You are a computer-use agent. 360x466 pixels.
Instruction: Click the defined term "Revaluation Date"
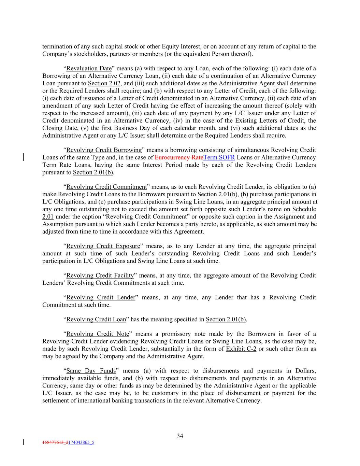point(89,68)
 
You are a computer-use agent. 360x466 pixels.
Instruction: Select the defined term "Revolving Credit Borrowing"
point(104,150)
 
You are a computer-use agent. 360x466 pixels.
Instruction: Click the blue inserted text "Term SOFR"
point(219,157)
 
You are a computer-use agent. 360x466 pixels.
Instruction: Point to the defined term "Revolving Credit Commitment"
point(106,187)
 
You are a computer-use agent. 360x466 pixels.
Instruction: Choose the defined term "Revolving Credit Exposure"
point(103,246)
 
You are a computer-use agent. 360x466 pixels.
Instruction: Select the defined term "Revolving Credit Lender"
point(101,297)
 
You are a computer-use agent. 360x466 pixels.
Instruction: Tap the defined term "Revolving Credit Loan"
point(96,319)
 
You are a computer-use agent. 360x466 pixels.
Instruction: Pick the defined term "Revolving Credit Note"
point(98,334)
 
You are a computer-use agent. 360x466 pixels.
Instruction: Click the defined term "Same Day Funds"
point(91,371)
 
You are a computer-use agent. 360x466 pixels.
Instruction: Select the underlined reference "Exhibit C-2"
point(241,349)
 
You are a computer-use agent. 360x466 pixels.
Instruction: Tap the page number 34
point(180,436)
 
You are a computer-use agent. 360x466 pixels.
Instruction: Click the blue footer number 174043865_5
point(82,442)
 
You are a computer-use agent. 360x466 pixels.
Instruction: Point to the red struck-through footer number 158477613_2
point(55,442)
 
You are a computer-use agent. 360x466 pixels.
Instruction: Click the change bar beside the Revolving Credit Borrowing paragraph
point(24,157)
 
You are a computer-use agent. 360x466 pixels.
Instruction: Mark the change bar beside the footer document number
point(24,442)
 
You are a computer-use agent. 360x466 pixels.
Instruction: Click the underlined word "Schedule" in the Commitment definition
point(304,209)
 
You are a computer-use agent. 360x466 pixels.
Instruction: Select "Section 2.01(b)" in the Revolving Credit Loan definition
point(226,319)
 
